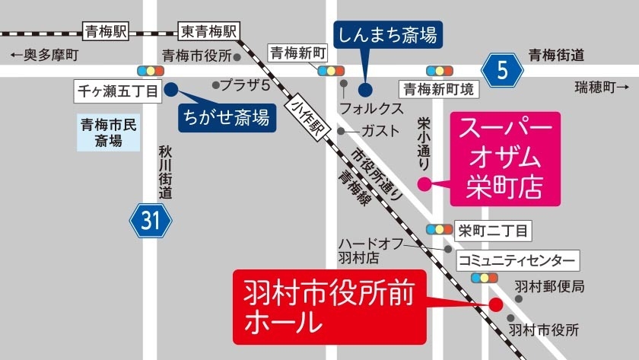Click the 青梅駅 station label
coord(106,31)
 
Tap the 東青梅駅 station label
coord(208,31)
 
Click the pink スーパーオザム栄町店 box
coord(505,159)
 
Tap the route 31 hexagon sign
coord(151,221)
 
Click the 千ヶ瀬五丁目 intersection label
coord(117,91)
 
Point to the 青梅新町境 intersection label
coord(440,89)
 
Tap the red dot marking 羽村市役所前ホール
coord(494,304)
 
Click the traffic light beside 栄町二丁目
coord(440,229)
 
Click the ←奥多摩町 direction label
coord(45,55)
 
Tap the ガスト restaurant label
coord(380,131)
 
